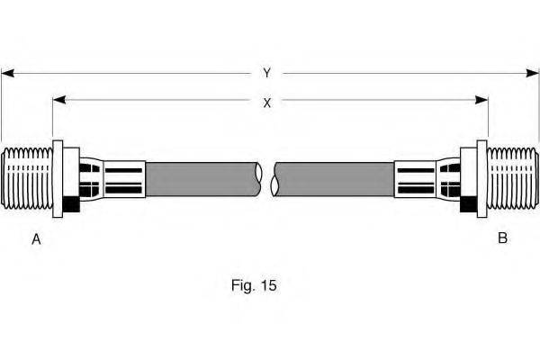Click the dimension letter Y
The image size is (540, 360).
point(267,73)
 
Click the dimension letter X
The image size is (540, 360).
point(267,103)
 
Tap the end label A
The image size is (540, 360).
point(36,239)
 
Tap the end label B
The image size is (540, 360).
point(502,238)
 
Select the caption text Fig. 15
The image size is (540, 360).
point(254,285)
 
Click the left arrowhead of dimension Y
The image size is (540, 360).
point(7,73)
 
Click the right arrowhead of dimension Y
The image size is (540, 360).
point(533,73)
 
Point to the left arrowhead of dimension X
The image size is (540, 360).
point(59,100)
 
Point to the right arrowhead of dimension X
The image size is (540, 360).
point(481,100)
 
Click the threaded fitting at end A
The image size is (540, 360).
point(27,178)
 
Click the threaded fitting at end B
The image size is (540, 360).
point(513,178)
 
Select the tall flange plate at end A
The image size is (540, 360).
point(58,179)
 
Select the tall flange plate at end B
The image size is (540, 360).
point(481,179)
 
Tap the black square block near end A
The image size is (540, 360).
point(71,204)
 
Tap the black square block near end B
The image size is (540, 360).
point(468,204)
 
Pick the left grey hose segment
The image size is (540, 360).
point(203,179)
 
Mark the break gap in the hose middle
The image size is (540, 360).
point(267,179)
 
